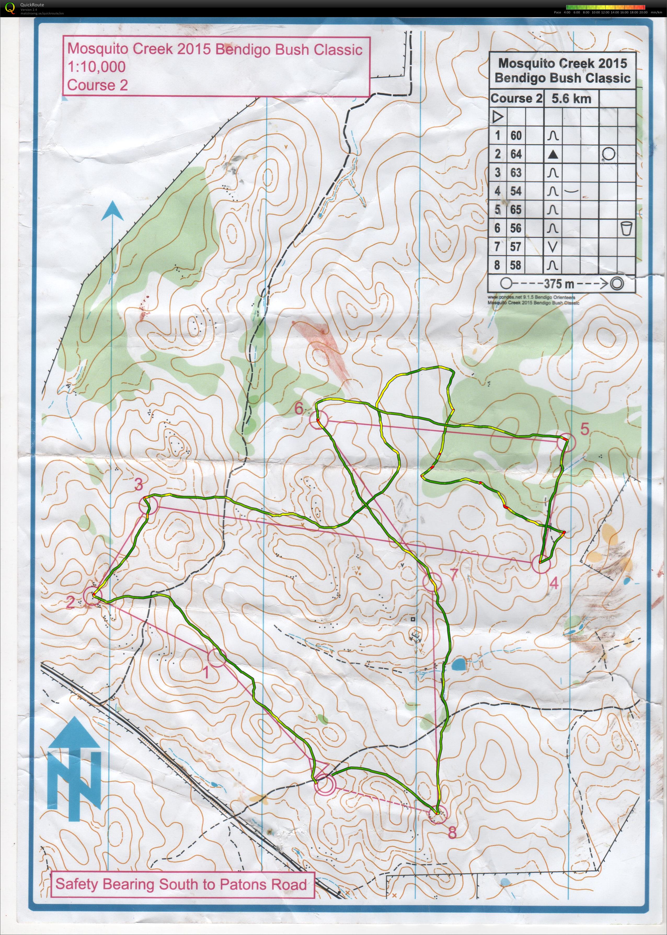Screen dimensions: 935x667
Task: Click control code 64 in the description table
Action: click(x=516, y=154)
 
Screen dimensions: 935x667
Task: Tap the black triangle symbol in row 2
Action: click(x=553, y=154)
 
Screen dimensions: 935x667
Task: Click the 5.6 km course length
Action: click(x=571, y=99)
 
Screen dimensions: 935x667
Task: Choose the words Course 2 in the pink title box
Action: click(x=97, y=85)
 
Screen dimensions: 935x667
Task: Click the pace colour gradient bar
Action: click(x=605, y=7)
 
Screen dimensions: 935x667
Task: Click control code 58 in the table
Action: click(x=516, y=265)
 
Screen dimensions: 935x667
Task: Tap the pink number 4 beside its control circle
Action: click(x=554, y=583)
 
